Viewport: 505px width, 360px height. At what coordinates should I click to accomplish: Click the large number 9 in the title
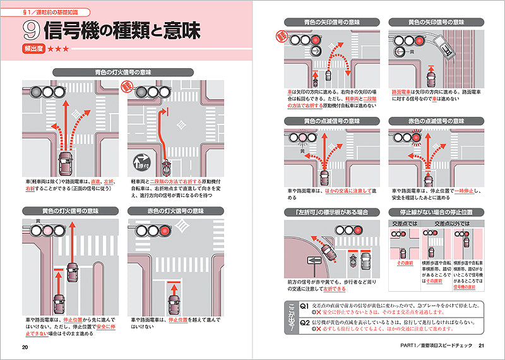pos(31,30)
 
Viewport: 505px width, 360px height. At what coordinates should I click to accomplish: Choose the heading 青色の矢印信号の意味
pos(332,22)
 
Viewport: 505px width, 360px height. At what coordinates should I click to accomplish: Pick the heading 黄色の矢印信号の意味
pos(436,22)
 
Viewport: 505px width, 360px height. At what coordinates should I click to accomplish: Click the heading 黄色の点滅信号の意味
pos(332,121)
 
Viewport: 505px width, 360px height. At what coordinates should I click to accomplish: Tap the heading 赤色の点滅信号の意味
pos(436,121)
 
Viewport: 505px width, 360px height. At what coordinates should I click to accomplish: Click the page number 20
pos(25,347)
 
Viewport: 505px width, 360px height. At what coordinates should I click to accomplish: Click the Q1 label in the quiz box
pos(303,305)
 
